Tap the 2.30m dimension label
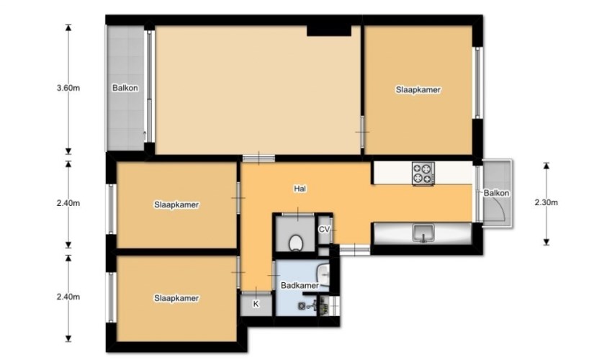(x=546, y=202)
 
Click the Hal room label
(x=301, y=189)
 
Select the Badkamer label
(x=299, y=285)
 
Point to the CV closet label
(x=324, y=229)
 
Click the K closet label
(x=256, y=305)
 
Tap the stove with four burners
(x=423, y=174)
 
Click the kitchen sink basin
(x=423, y=233)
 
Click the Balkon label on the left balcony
(x=125, y=89)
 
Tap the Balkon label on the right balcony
(x=497, y=193)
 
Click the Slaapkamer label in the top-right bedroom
(x=418, y=90)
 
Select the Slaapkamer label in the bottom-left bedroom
(x=176, y=297)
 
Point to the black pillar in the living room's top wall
(x=328, y=30)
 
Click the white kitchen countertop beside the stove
(x=392, y=173)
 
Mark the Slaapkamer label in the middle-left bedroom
(x=176, y=204)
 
